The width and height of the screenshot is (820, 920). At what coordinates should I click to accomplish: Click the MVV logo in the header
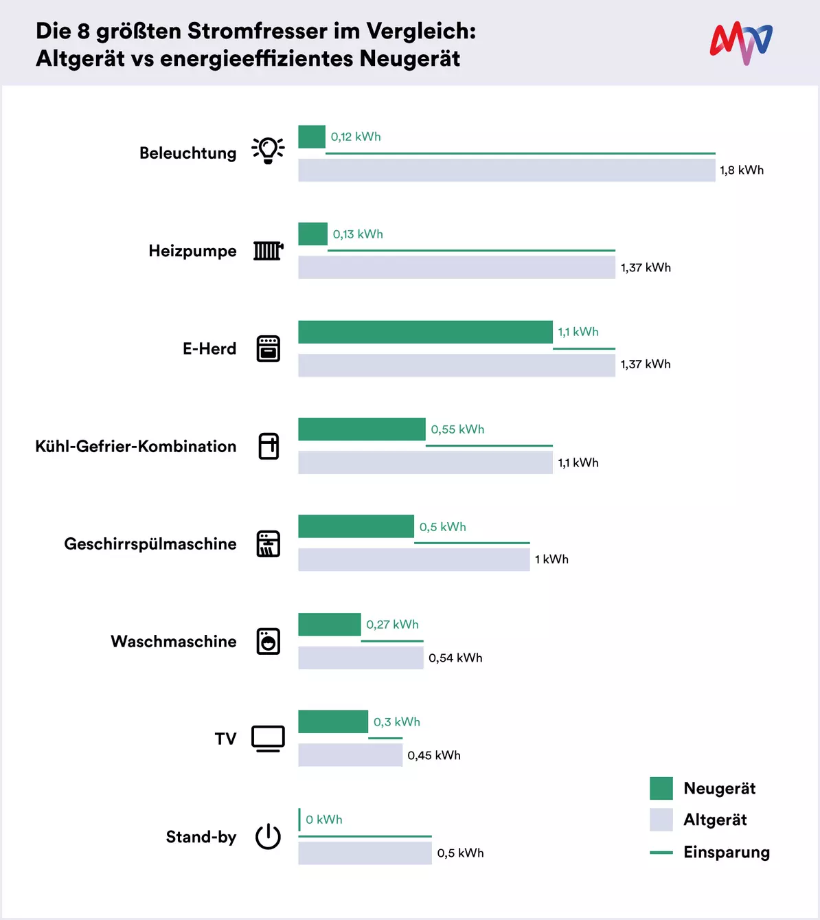741,43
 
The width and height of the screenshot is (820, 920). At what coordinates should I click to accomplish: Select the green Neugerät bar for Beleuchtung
312,137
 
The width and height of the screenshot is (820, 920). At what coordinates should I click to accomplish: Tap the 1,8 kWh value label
742,170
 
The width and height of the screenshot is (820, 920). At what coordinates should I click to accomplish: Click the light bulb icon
268,150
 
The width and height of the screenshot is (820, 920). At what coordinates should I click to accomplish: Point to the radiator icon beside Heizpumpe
269,251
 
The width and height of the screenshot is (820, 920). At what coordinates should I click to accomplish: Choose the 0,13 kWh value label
358,234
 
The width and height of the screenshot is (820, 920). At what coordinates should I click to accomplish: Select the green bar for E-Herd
425,332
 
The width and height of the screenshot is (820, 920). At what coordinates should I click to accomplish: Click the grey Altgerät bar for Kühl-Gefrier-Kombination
425,462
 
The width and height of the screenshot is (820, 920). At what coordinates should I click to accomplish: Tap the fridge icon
269,446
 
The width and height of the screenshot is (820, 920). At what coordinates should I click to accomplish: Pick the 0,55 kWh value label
457,429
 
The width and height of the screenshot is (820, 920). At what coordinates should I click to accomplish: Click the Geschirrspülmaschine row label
150,544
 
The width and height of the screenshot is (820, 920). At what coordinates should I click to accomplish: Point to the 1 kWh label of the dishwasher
551,559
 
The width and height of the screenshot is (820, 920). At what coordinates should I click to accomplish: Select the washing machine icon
269,641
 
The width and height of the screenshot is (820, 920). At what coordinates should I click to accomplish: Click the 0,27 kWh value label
392,625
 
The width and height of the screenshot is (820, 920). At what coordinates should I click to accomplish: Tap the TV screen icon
269,739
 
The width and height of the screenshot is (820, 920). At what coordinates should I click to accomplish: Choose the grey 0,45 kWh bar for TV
350,755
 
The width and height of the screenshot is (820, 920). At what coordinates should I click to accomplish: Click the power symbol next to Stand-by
268,836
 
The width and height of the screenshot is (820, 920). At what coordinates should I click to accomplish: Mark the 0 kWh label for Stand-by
323,820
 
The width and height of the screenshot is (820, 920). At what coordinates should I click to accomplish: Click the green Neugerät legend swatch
661,788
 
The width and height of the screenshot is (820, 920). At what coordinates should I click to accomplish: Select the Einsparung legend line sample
661,853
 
